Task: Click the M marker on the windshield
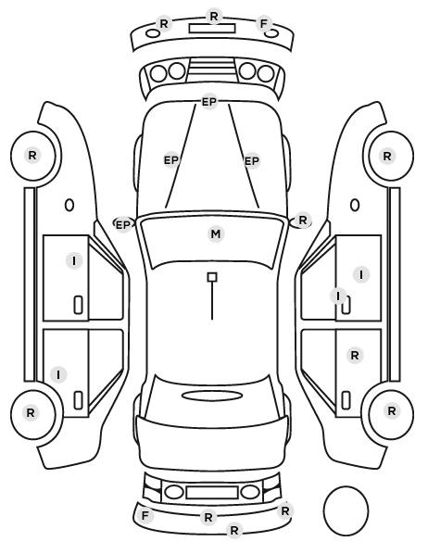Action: [x=216, y=233]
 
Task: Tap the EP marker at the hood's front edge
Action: [x=208, y=102]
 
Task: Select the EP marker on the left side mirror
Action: [x=123, y=225]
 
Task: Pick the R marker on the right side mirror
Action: [x=303, y=220]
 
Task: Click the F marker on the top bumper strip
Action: [x=264, y=24]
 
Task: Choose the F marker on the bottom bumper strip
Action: [x=145, y=515]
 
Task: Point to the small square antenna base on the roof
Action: [x=212, y=277]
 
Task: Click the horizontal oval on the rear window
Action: [x=212, y=396]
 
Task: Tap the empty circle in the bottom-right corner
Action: [x=346, y=510]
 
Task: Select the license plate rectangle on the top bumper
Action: [x=212, y=29]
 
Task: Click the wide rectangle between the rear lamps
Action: [x=212, y=493]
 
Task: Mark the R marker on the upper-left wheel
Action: [x=32, y=155]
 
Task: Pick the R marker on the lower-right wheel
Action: [x=391, y=411]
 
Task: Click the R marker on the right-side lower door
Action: [x=355, y=355]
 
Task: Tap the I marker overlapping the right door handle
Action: [x=338, y=296]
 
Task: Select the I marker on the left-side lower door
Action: [x=58, y=374]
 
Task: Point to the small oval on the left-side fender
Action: [x=69, y=205]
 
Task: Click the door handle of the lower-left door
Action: [x=78, y=400]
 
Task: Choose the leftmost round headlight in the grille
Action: [x=158, y=73]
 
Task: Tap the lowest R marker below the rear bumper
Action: [x=234, y=530]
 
